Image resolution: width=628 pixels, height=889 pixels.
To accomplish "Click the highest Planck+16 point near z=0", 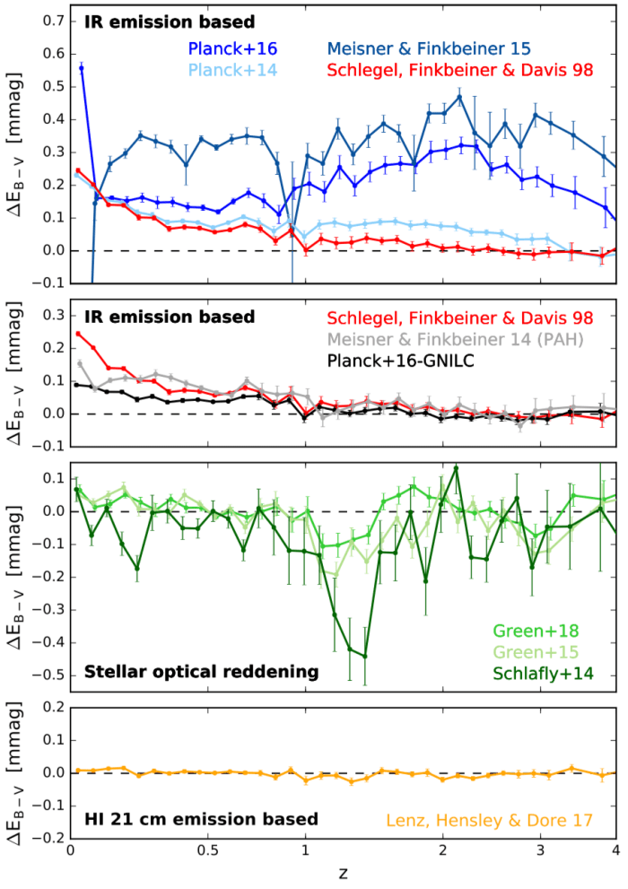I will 82,67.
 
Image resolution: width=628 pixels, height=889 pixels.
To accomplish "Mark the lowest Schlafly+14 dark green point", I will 365,656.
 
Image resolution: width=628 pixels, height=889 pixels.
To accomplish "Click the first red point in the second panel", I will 78,334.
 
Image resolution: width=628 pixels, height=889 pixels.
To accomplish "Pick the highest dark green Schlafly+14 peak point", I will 456,467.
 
